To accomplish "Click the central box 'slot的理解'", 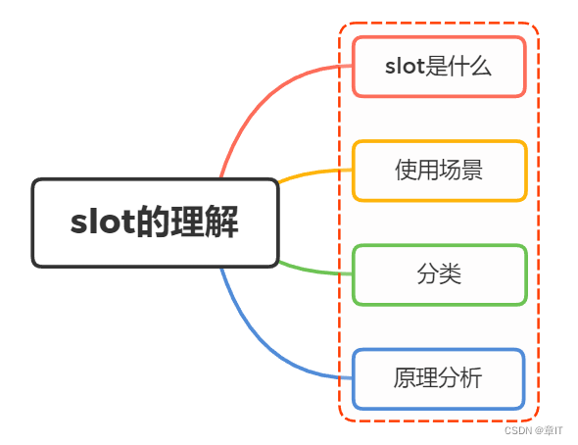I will coord(155,222).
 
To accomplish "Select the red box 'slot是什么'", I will coord(439,67).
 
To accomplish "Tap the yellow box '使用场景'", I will coord(439,171).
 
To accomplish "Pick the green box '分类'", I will coord(439,274).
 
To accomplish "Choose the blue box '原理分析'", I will coord(439,378).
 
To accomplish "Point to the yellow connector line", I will coord(313,173).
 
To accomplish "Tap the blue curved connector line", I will coord(260,337).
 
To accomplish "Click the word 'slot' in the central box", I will coord(97,222).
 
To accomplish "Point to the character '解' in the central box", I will coord(222,222).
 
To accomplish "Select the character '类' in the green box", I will coord(450,274).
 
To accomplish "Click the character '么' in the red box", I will coord(480,67).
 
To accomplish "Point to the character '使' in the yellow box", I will coord(407,171).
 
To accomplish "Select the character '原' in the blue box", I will coord(407,378).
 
